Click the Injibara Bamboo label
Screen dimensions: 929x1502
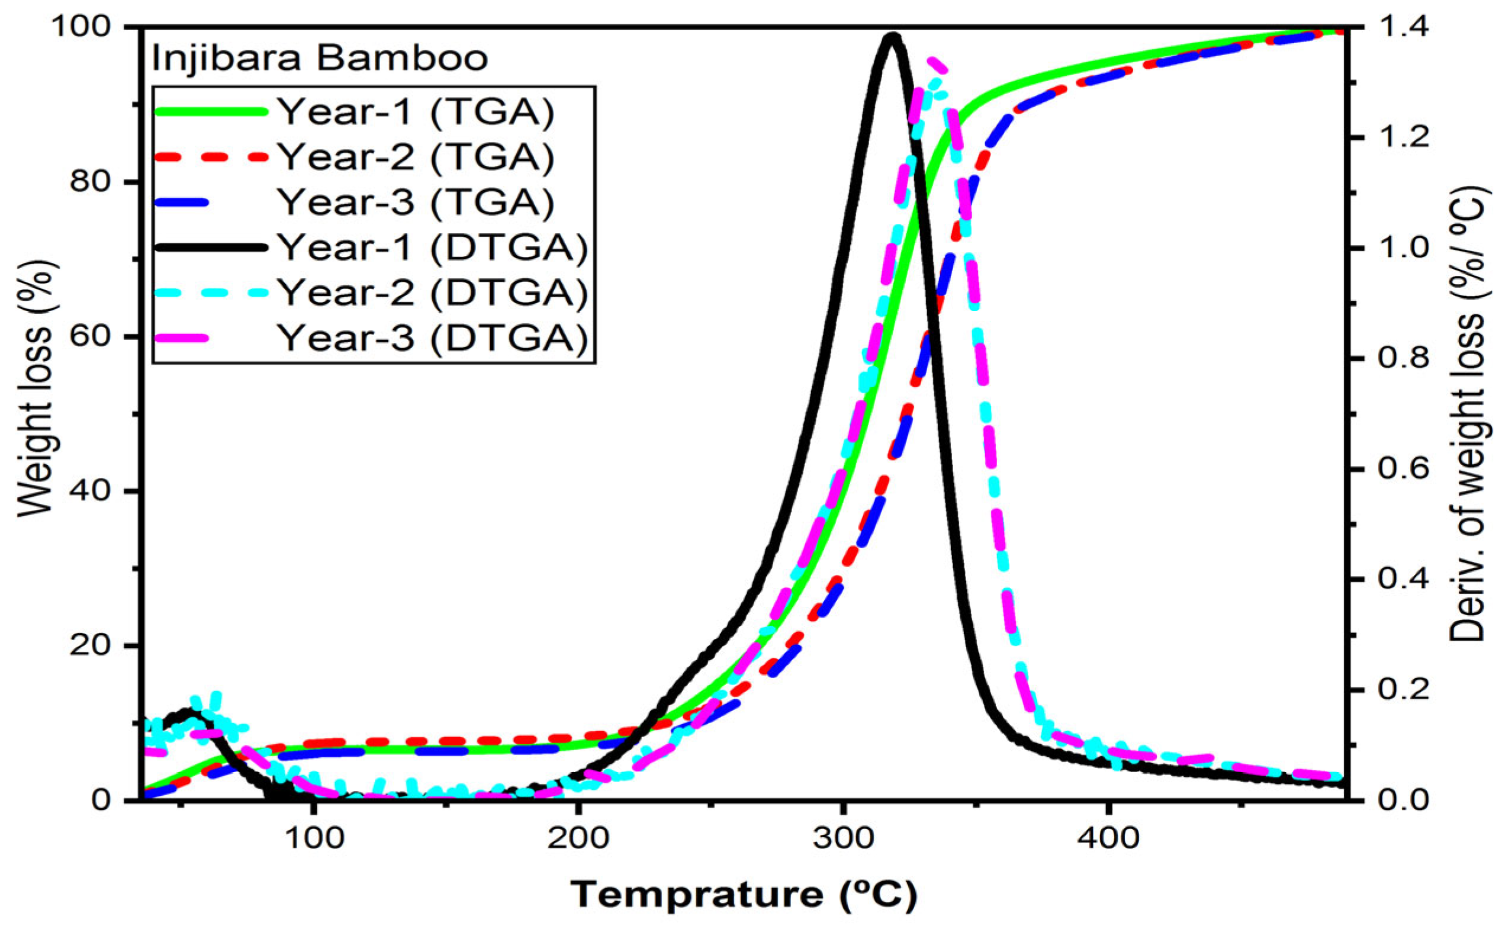tap(320, 59)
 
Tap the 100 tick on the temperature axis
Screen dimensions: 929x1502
tap(314, 838)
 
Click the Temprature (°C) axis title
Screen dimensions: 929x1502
tap(744, 895)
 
